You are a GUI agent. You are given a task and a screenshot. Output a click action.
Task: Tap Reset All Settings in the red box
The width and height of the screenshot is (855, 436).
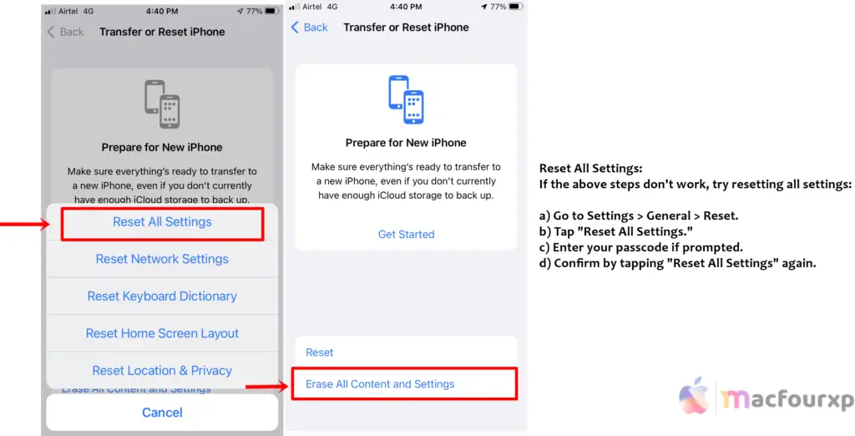point(162,222)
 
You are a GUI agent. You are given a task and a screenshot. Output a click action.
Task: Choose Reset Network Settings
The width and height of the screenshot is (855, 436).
point(162,259)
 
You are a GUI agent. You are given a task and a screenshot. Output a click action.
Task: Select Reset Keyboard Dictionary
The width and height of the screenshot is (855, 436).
point(162,297)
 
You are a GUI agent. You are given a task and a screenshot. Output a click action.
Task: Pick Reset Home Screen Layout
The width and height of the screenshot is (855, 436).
point(162,333)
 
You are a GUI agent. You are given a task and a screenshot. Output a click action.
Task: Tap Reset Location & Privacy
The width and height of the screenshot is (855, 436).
point(162,371)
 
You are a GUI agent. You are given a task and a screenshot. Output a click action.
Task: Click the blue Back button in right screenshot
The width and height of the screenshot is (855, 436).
point(309,28)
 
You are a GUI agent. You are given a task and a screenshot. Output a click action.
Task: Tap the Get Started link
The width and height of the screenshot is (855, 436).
point(406,235)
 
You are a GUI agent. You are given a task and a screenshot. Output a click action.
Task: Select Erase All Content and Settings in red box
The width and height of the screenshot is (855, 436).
point(380,384)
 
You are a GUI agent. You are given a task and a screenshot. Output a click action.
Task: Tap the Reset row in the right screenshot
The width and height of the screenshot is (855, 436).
point(320,352)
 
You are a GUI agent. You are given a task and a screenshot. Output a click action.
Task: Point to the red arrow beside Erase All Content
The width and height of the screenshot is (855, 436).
point(266,387)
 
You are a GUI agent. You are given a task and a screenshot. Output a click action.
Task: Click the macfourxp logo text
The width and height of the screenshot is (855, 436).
point(787,399)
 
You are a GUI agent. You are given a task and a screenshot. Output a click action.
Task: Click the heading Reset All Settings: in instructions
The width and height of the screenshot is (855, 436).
point(590,169)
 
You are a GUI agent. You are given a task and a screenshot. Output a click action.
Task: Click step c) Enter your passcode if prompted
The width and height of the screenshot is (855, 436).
point(640,248)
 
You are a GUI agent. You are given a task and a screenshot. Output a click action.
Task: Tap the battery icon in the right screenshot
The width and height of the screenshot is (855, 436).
point(516,7)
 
